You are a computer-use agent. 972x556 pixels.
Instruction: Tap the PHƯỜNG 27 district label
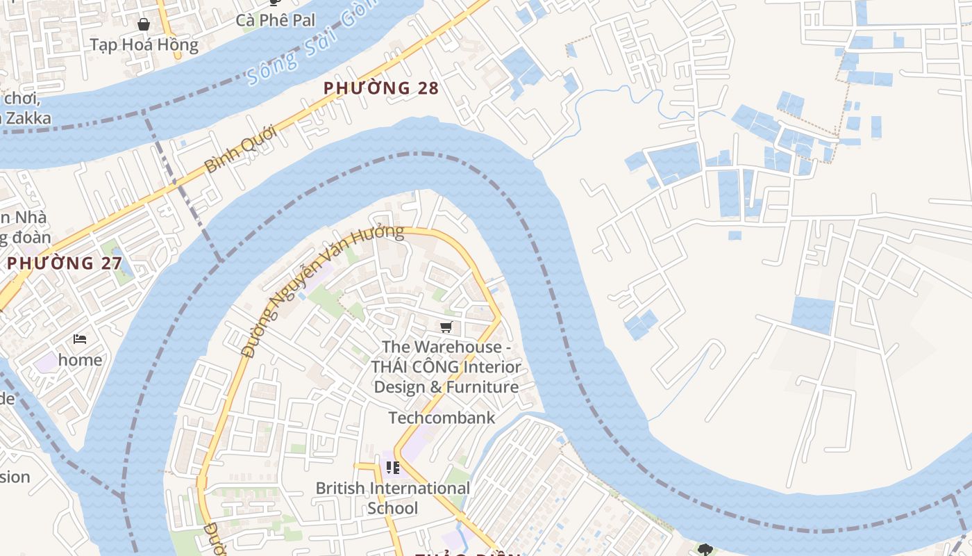click(x=65, y=263)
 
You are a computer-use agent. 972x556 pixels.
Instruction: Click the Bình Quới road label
click(x=242, y=149)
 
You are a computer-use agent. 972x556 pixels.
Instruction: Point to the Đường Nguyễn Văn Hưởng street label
click(x=322, y=291)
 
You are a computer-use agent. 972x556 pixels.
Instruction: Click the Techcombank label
click(x=442, y=418)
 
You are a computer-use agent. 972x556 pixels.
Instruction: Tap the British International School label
click(x=393, y=498)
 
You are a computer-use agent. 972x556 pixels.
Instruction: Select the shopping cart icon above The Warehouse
click(x=446, y=327)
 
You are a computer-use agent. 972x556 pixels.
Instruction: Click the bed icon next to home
click(x=80, y=339)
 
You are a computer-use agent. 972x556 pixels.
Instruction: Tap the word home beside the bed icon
click(x=81, y=360)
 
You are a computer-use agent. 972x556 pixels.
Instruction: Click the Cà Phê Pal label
click(x=275, y=20)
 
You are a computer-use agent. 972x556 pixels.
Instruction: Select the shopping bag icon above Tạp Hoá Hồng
click(x=144, y=24)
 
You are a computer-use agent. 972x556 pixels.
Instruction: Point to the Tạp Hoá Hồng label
click(x=144, y=45)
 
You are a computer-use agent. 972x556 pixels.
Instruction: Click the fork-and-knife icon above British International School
click(x=393, y=468)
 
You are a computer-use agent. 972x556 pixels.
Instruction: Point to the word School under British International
click(x=393, y=508)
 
